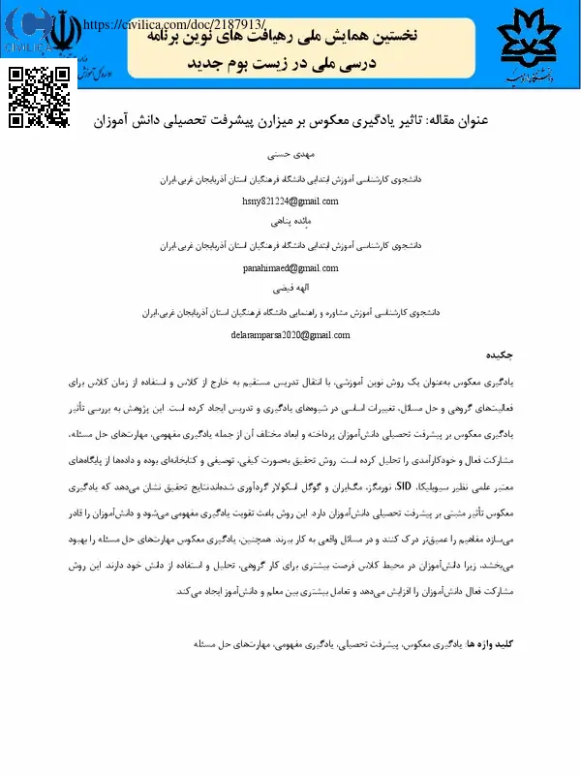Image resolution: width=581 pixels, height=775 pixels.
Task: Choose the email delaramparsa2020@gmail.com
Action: [290, 334]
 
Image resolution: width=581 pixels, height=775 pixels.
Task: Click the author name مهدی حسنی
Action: [290, 154]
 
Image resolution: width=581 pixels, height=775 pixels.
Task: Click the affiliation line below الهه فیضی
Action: [290, 313]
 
